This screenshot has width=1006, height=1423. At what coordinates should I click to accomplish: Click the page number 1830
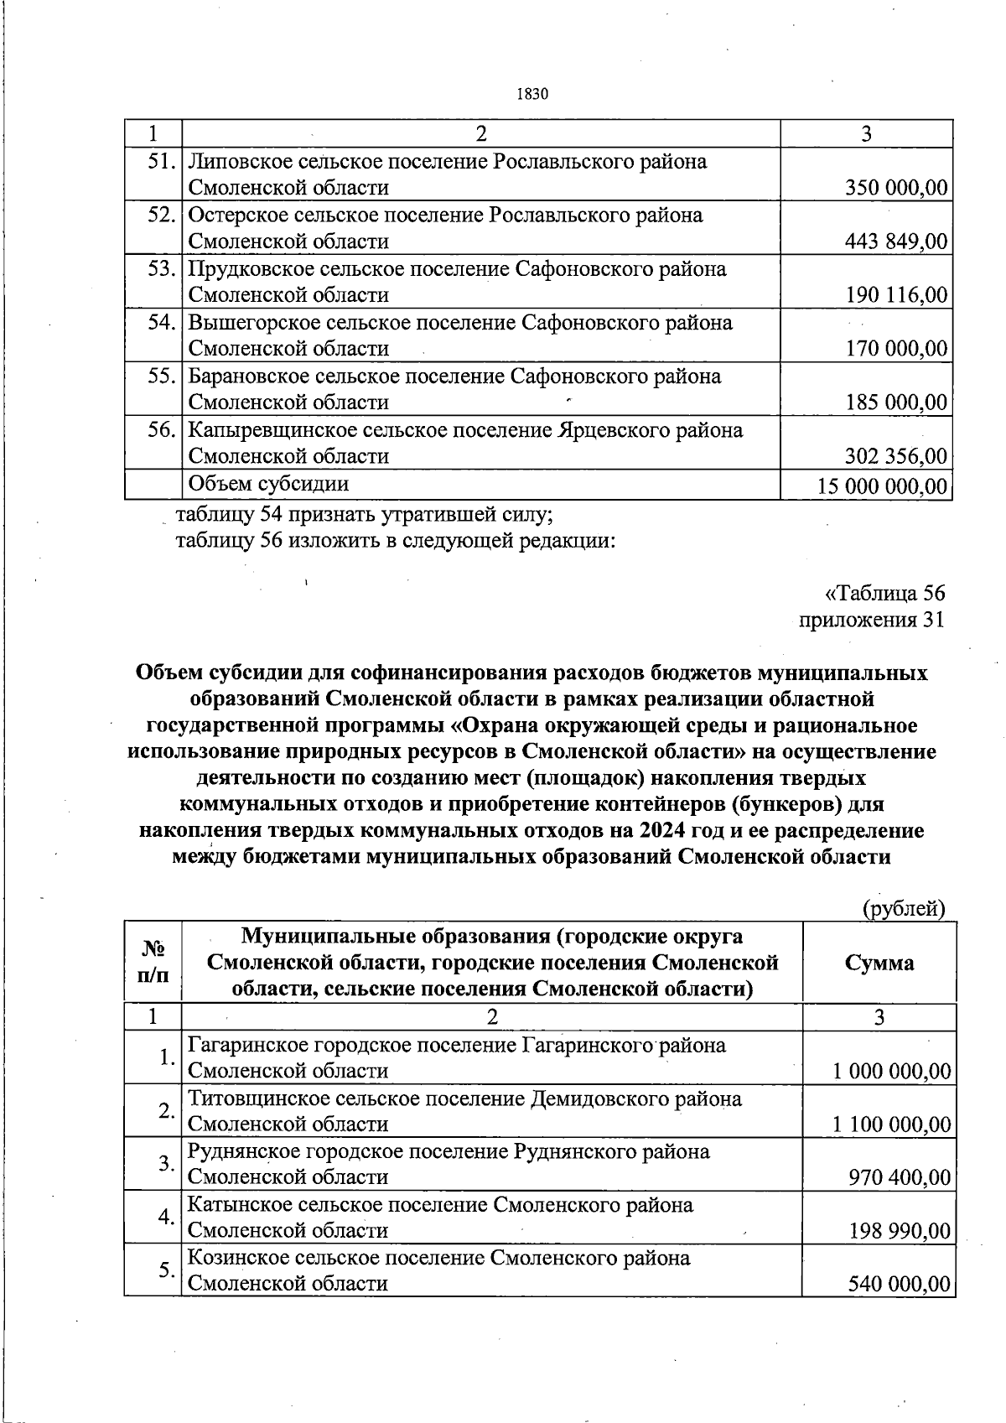[x=534, y=94]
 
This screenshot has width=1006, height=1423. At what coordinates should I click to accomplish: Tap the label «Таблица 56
[x=885, y=593]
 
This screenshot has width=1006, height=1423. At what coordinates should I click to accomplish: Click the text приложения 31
[x=872, y=620]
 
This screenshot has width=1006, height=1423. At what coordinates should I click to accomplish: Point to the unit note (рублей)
[x=904, y=908]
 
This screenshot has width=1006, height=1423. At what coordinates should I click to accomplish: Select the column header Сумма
[x=879, y=963]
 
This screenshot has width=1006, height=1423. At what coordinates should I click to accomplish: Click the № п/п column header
[x=153, y=962]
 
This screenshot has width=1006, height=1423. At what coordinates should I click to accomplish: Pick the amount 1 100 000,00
[x=892, y=1124]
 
